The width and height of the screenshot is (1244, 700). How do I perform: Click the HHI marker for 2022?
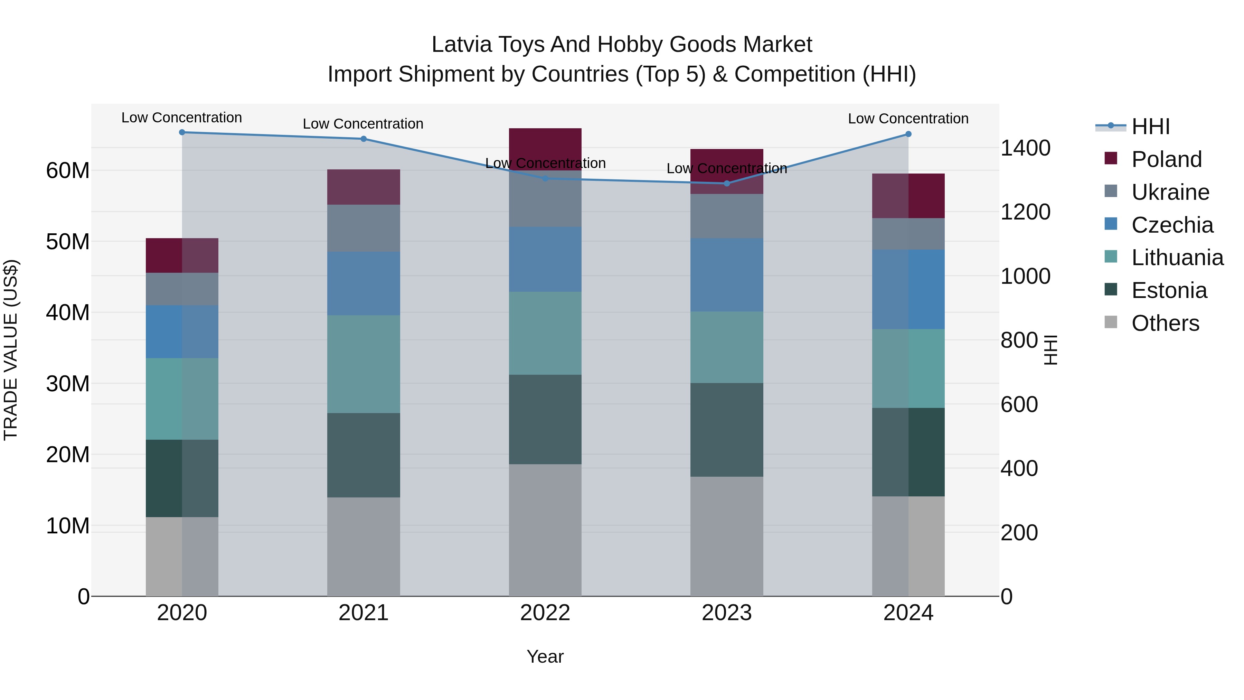pos(545,178)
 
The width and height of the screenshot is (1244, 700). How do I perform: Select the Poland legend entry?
pos(1166,159)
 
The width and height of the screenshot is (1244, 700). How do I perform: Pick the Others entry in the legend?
pos(1165,323)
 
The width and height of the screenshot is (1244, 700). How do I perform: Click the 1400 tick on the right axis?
pos(1025,148)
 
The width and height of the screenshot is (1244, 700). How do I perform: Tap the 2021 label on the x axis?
pos(363,613)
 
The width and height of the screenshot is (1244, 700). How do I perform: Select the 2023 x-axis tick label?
pos(726,613)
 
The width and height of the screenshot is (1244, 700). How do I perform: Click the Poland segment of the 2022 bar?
pos(545,145)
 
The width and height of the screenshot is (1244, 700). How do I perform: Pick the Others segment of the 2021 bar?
pos(363,546)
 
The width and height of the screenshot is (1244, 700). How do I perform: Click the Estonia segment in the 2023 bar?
pos(726,430)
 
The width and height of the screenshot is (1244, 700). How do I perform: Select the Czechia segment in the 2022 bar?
pos(545,259)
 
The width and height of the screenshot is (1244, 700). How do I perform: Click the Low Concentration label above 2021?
pos(363,124)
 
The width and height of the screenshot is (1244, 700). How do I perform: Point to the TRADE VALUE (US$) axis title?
pos(11,350)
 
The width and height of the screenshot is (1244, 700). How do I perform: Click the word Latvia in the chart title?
pos(461,45)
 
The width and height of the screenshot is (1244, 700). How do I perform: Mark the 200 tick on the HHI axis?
pos(1019,532)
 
